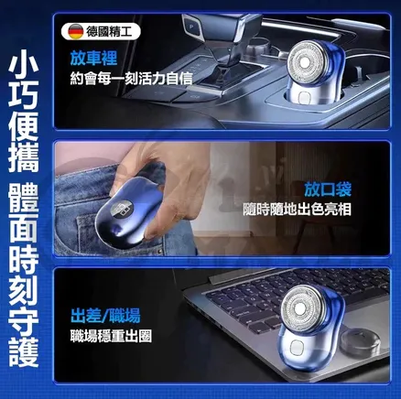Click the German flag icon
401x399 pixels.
point(75,31)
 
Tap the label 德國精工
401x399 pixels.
point(109,31)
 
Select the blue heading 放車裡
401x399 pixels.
point(93,58)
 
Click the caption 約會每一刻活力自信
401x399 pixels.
point(132,79)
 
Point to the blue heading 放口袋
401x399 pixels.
point(328,189)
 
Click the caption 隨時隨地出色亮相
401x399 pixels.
point(297,210)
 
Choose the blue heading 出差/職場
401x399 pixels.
point(105,316)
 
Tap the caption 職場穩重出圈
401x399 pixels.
point(111,336)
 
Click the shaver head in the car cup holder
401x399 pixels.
point(306,62)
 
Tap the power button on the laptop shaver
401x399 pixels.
point(296,349)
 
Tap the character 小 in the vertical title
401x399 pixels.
point(24,66)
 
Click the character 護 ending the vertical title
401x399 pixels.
point(24,351)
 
